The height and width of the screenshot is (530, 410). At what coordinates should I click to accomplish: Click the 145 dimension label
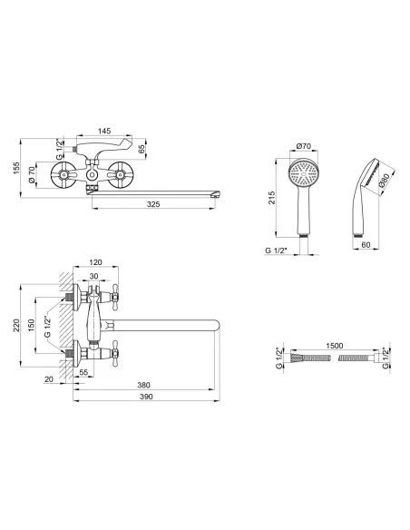click(104, 131)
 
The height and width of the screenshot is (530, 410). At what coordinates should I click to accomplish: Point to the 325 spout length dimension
click(153, 204)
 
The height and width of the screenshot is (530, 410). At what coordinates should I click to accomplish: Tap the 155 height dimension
click(16, 168)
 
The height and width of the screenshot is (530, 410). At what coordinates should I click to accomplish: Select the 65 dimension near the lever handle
click(142, 149)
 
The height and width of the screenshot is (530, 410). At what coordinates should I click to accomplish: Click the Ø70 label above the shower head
click(303, 146)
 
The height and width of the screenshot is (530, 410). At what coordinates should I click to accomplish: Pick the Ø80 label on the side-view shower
click(385, 181)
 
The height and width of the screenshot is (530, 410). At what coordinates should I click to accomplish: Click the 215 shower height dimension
click(272, 198)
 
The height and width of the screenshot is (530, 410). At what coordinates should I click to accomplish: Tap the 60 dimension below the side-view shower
click(366, 245)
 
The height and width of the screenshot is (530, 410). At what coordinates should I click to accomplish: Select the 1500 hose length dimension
click(335, 346)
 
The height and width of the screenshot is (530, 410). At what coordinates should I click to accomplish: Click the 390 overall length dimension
click(146, 397)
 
